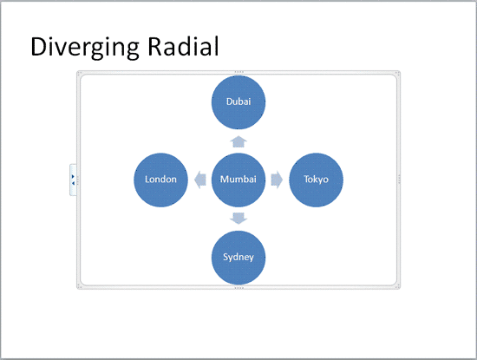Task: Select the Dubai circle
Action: pyautogui.click(x=238, y=101)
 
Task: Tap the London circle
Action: pyautogui.click(x=160, y=180)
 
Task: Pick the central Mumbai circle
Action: pyautogui.click(x=238, y=180)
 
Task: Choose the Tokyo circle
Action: pyautogui.click(x=316, y=180)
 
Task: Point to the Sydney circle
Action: pyautogui.click(x=238, y=258)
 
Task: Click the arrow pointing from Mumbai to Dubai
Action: pyautogui.click(x=238, y=141)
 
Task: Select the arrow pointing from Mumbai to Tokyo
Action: pyautogui.click(x=277, y=180)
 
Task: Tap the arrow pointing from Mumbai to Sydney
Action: pyautogui.click(x=238, y=218)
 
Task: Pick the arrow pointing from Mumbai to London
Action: pyautogui.click(x=199, y=180)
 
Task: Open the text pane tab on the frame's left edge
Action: pyautogui.click(x=73, y=180)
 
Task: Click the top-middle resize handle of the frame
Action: pyautogui.click(x=238, y=71)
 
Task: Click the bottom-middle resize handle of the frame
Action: pyautogui.click(x=238, y=288)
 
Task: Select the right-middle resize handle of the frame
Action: pyautogui.click(x=399, y=180)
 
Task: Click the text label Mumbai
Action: pyautogui.click(x=238, y=180)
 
